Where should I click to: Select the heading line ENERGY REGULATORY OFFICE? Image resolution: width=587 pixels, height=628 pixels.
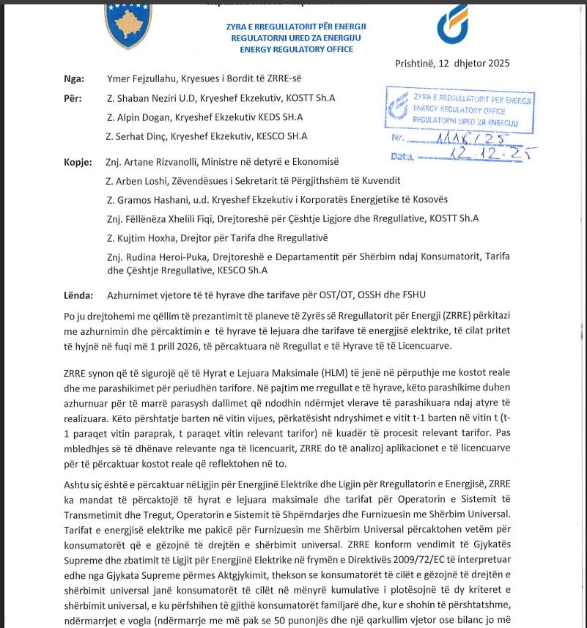click(x=296, y=49)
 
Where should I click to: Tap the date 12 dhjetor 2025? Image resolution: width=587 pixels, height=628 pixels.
click(x=477, y=63)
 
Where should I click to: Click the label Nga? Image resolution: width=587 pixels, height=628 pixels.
click(x=75, y=79)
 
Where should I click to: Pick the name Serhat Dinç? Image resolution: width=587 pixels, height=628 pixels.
click(x=144, y=136)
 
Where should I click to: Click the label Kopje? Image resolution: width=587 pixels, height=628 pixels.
click(x=78, y=161)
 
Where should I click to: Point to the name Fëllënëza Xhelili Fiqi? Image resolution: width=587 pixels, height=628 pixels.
click(x=172, y=218)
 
